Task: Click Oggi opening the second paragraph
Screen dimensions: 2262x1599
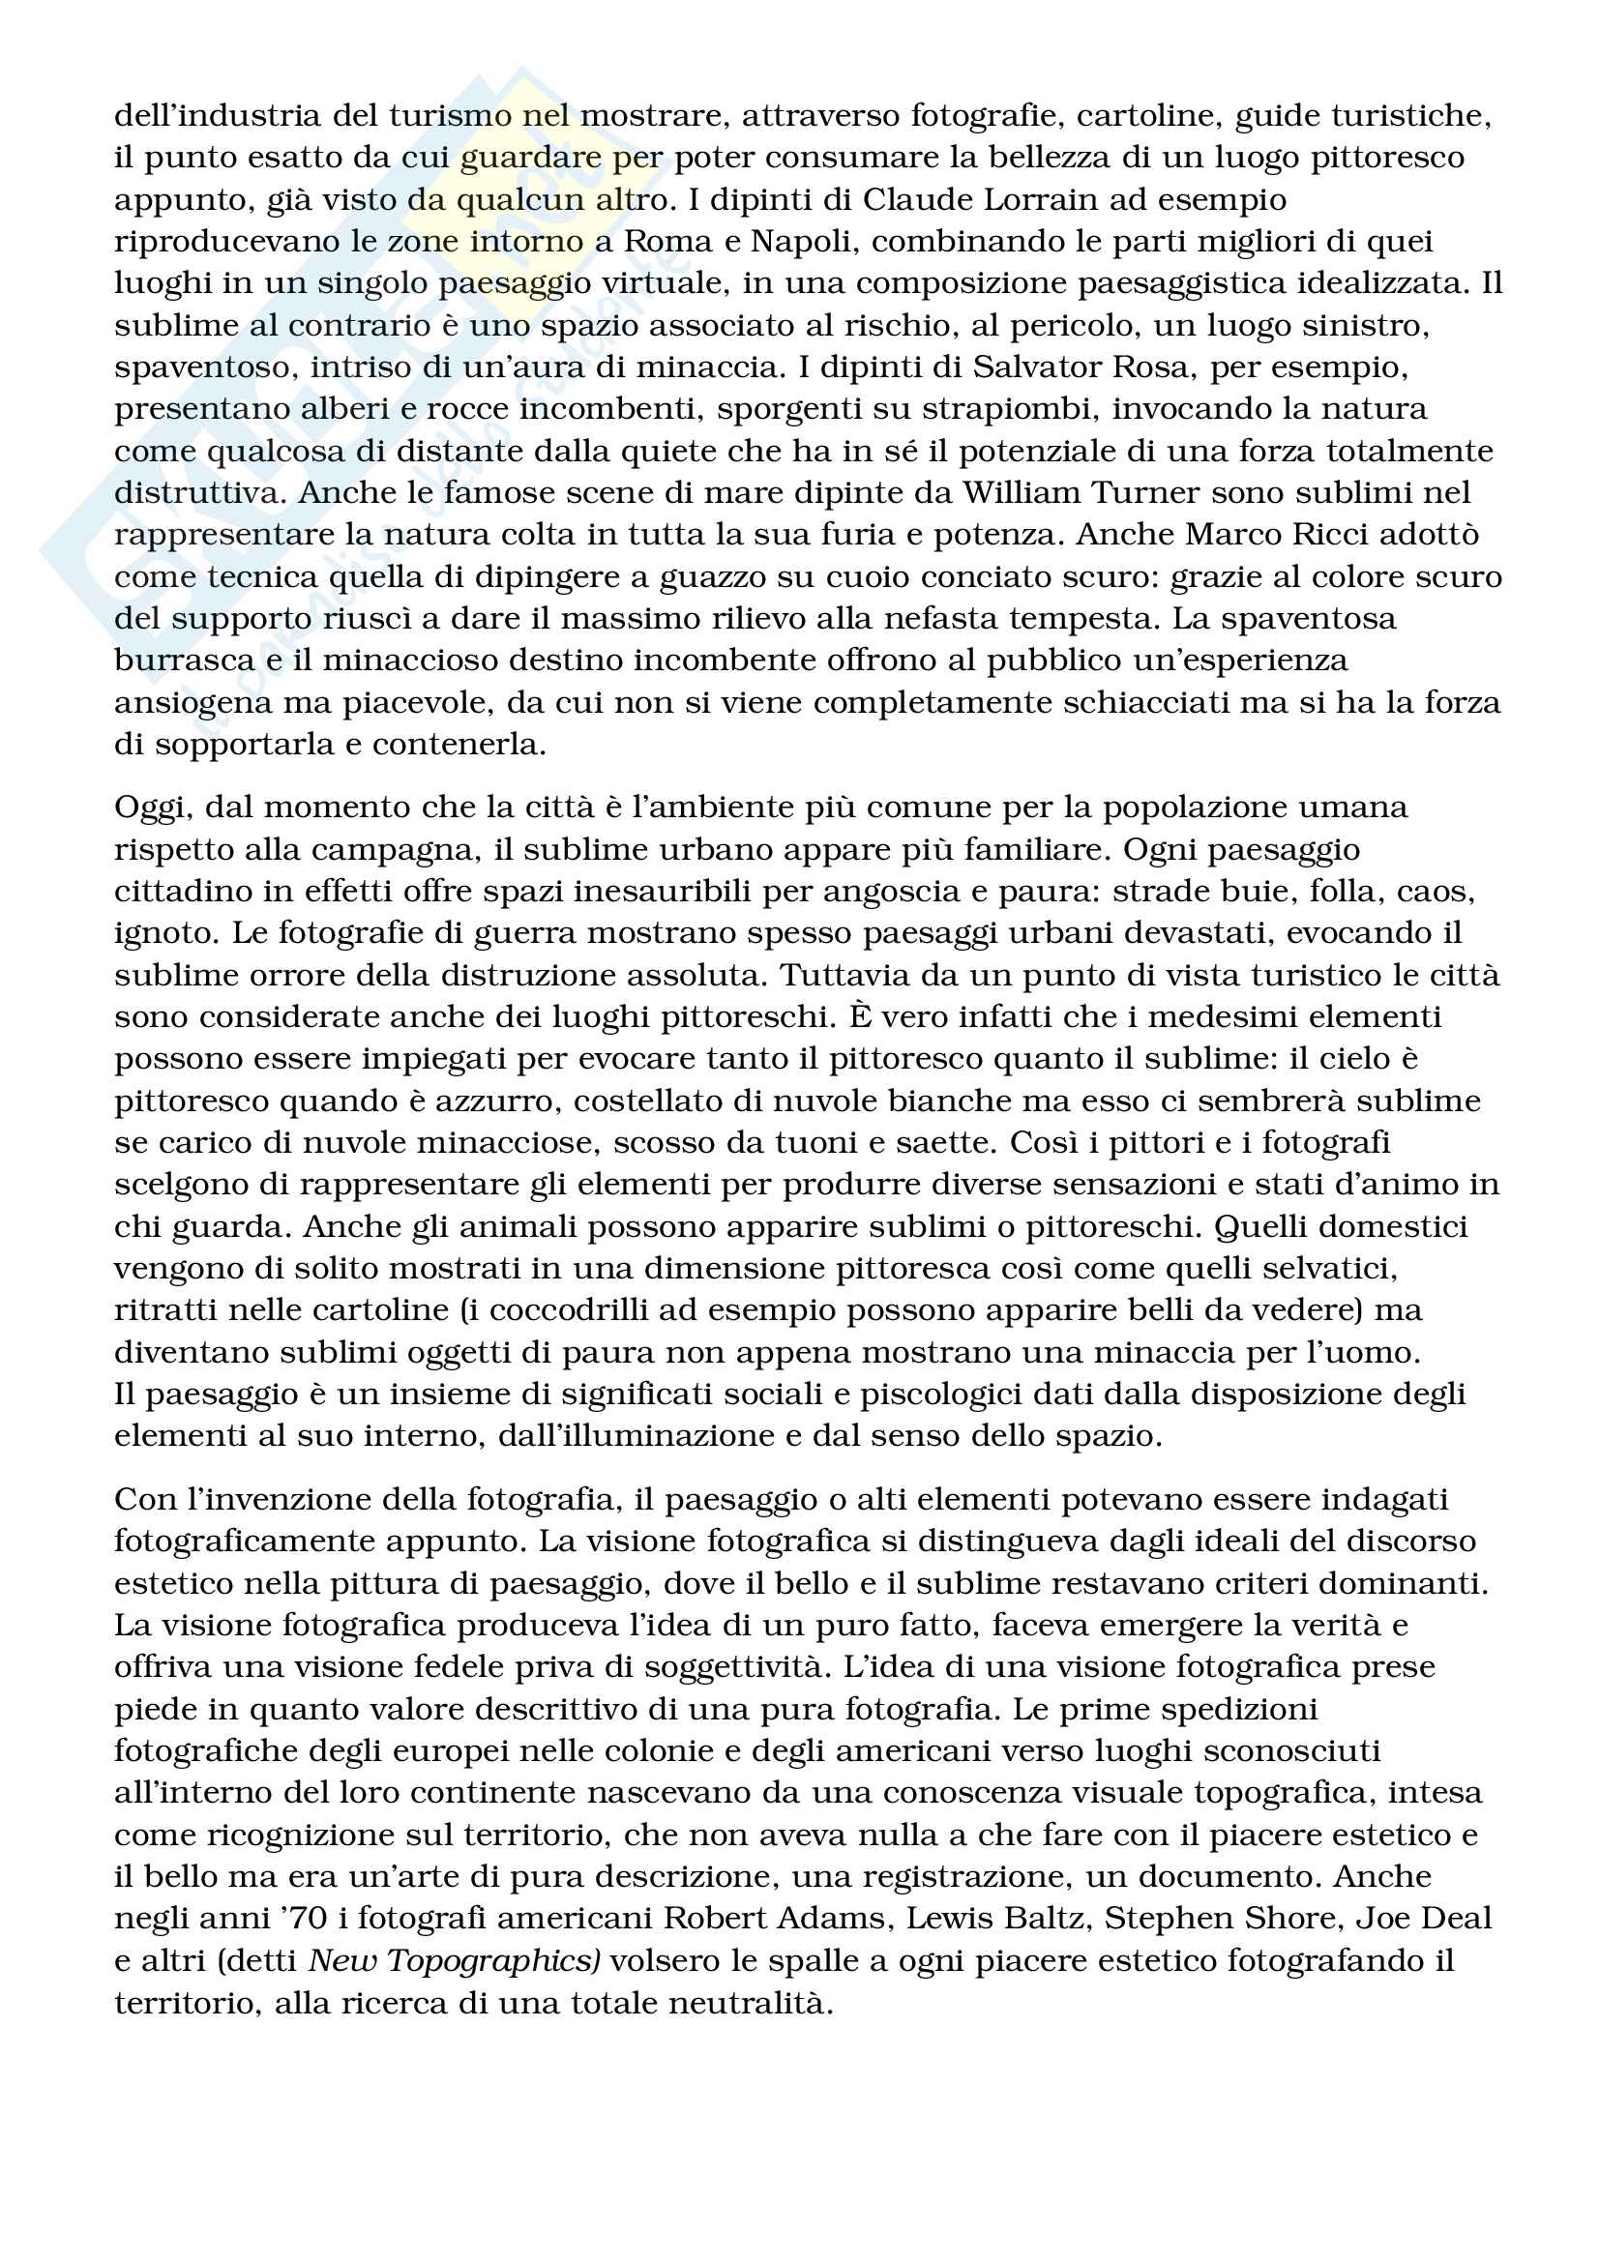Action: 150,808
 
